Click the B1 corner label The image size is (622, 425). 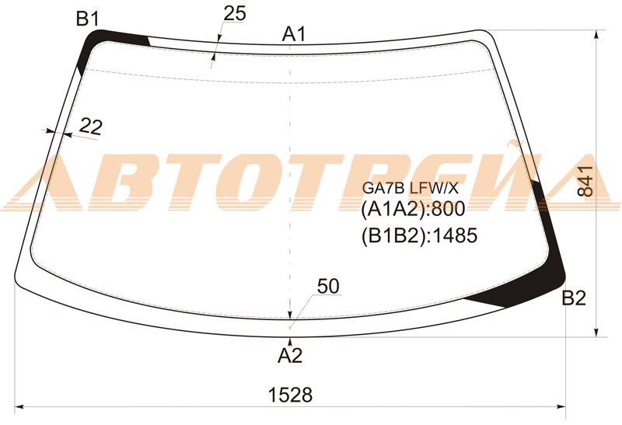point(87,19)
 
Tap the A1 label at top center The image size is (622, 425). point(294,34)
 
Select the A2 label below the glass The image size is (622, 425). point(290,356)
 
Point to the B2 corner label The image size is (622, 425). point(574,298)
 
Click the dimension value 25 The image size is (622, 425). point(235,13)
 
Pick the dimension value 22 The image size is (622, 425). point(91,127)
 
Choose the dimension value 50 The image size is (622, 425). point(328,286)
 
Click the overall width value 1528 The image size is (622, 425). point(290,395)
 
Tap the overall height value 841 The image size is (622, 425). point(585,182)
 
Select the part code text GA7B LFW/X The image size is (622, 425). point(411,188)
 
